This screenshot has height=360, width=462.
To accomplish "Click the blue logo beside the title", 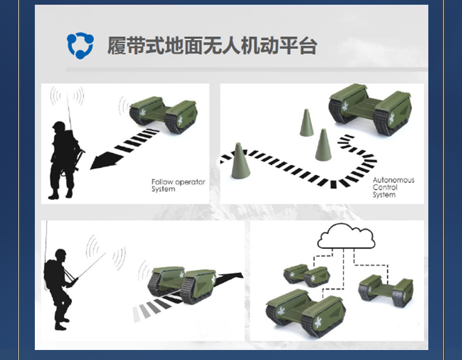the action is coord(80,45).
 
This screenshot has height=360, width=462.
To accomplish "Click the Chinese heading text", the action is coord(212,46).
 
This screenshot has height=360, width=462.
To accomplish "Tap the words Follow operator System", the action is coord(178,185).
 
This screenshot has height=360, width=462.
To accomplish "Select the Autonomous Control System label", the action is coord(393,187).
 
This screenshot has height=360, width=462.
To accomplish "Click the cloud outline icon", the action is coord(346,236).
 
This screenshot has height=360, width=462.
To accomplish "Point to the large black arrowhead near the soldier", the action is coord(105,162).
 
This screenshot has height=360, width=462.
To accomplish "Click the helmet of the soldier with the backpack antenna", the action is coord(59,126).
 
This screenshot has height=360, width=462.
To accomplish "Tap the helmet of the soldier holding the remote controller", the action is coord(60,253).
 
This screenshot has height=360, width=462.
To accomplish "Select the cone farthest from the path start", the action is coord(307,123).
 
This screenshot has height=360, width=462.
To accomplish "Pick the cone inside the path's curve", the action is coord(323,145).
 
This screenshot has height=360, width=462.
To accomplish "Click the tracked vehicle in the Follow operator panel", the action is coord(163,115).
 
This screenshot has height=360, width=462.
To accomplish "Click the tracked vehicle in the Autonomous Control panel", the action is coord(370,109).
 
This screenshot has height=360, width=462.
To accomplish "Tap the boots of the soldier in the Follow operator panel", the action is coord(61,194).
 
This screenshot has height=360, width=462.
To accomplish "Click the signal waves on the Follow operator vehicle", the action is coord(123,106).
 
